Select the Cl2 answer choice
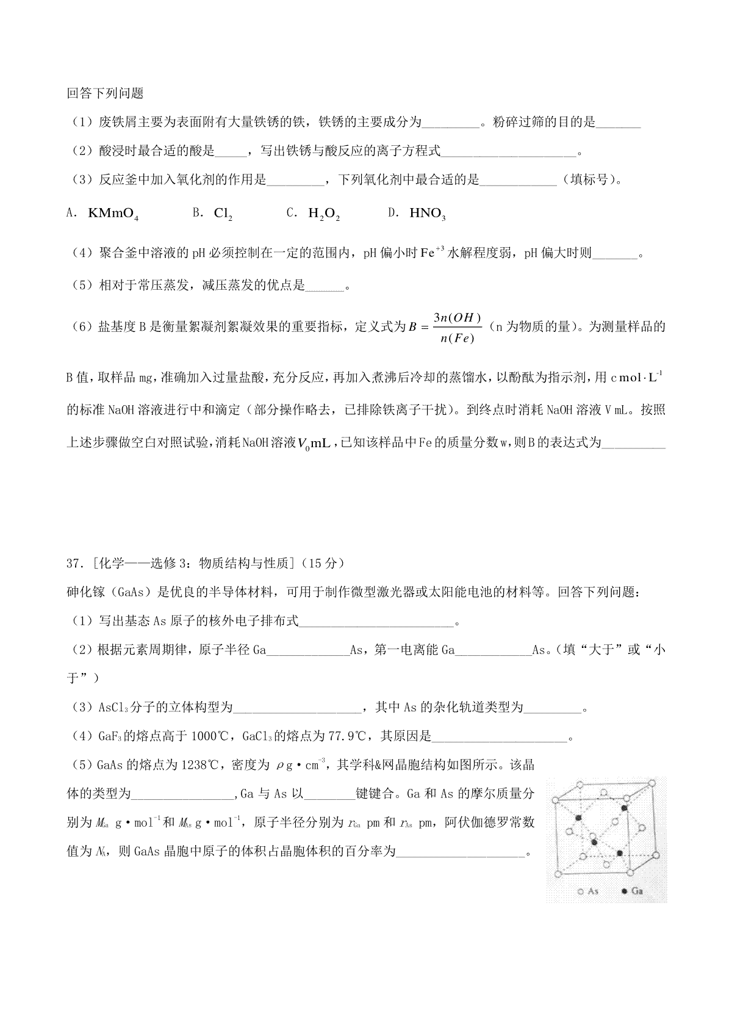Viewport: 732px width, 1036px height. pyautogui.click(x=223, y=214)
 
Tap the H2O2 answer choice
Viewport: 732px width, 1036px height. pyautogui.click(x=324, y=214)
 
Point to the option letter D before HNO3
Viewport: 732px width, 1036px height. pyautogui.click(x=393, y=213)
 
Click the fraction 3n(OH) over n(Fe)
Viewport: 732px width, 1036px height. pyautogui.click(x=457, y=328)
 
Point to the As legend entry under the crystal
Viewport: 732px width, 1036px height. pyautogui.click(x=588, y=891)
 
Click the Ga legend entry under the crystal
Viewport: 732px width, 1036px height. pyautogui.click(x=632, y=891)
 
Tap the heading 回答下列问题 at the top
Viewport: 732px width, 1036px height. pyautogui.click(x=105, y=93)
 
